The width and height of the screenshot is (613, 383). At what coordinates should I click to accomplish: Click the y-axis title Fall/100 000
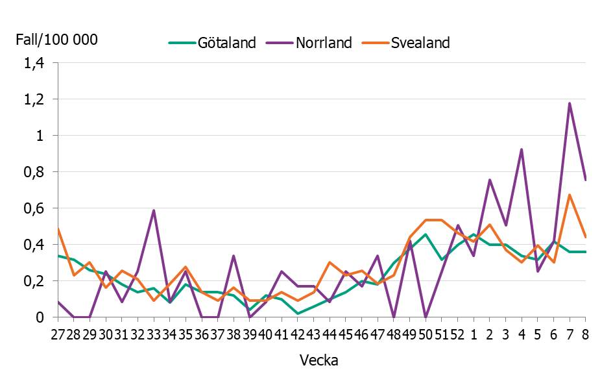click(56, 40)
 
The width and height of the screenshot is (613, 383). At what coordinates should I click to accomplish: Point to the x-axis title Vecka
click(319, 360)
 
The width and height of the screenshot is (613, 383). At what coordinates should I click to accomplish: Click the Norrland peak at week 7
click(570, 103)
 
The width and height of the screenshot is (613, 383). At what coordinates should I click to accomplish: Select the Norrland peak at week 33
click(154, 210)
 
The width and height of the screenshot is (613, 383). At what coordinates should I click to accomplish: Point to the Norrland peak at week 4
click(522, 150)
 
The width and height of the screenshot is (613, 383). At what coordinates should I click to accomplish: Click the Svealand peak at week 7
click(570, 195)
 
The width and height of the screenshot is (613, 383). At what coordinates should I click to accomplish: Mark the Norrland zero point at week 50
click(426, 317)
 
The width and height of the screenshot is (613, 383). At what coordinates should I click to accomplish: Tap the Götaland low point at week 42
click(298, 314)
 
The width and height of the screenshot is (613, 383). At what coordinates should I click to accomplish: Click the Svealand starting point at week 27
click(58, 229)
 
